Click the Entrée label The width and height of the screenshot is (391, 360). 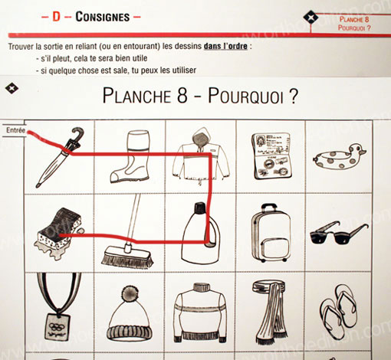(x=15, y=130)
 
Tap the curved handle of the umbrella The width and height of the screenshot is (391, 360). (x=78, y=133)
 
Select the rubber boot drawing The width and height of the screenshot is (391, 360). (x=130, y=156)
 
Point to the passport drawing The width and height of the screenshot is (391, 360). (x=272, y=155)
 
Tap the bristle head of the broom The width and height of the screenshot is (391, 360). (x=127, y=257)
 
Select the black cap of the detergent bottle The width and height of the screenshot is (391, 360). (x=200, y=208)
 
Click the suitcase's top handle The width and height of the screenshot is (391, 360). (x=268, y=208)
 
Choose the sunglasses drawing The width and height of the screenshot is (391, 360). (x=339, y=233)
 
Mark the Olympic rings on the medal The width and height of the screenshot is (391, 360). (x=57, y=326)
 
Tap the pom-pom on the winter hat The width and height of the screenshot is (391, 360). (x=130, y=293)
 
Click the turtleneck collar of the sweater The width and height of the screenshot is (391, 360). (x=201, y=287)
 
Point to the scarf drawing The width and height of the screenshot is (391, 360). (x=271, y=312)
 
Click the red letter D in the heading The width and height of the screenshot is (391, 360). (x=56, y=17)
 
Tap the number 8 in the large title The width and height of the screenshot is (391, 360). (x=182, y=96)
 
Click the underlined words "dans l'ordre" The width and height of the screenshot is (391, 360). (x=225, y=46)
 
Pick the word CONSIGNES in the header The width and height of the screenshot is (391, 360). (x=103, y=17)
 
